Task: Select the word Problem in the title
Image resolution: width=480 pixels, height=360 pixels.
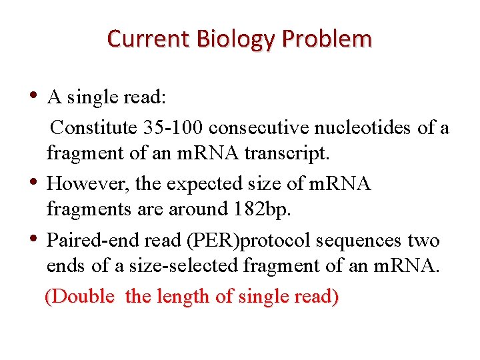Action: pos(327,39)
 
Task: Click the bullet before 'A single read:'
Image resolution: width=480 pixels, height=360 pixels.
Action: pos(34,96)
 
